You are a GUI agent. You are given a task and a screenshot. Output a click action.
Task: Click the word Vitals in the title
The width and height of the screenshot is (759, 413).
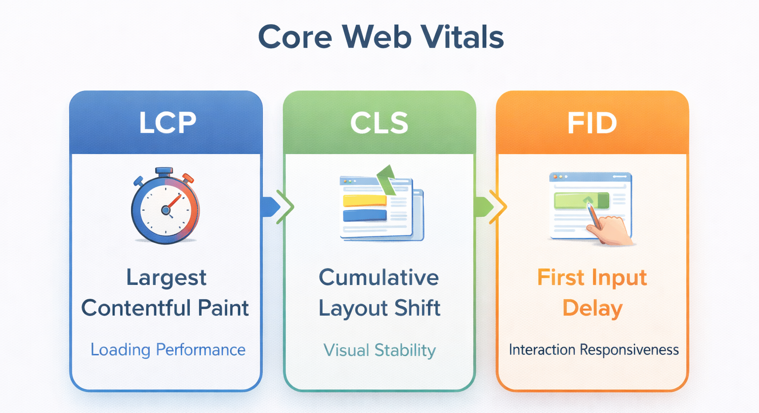[x=462, y=37]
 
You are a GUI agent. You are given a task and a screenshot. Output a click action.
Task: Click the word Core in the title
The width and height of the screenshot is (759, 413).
[x=295, y=37]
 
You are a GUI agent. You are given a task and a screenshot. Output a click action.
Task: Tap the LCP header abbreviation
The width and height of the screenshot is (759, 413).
[x=168, y=123]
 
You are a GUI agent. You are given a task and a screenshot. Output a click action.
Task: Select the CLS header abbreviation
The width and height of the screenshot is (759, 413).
[x=379, y=123]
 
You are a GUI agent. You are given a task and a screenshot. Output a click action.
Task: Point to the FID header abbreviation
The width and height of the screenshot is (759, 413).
[x=592, y=123]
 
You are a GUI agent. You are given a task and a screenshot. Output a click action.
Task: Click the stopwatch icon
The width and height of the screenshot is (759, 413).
[x=166, y=206]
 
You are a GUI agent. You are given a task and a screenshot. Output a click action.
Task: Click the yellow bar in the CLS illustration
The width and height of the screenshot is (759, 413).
[x=365, y=200]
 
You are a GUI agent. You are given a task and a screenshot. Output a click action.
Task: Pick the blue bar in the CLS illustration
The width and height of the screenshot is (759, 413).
[x=365, y=216]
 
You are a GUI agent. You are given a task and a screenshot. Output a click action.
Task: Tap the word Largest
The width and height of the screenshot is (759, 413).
[x=166, y=278]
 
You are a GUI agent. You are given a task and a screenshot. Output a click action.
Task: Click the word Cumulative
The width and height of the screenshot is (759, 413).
[x=379, y=277]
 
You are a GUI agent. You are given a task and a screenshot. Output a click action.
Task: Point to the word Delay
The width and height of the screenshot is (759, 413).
[x=592, y=309]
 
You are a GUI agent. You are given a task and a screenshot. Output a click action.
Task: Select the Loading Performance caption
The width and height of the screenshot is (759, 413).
[x=168, y=350]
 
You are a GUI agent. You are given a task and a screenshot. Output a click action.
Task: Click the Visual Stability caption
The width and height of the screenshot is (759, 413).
[x=379, y=350]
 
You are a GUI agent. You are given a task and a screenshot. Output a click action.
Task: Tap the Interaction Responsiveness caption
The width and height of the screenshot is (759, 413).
[x=593, y=350]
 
